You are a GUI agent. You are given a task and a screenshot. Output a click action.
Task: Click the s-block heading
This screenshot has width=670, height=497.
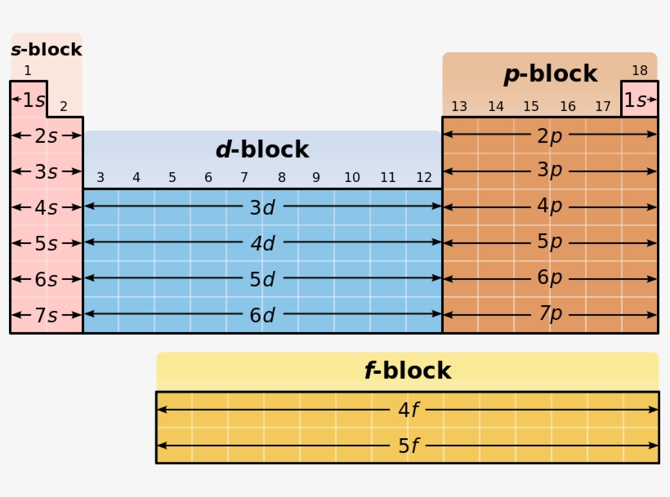47,50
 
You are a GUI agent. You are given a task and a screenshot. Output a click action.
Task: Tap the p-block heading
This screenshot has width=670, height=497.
550,74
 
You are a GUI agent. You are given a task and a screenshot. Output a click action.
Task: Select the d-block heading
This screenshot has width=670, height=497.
261,150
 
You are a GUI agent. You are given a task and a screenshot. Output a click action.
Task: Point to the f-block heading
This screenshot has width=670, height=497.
407,371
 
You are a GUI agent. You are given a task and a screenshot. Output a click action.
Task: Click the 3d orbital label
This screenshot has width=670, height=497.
261,207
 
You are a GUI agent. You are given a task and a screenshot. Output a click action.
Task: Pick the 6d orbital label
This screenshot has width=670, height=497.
261,315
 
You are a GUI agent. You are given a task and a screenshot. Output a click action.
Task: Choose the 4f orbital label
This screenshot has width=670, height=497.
408,410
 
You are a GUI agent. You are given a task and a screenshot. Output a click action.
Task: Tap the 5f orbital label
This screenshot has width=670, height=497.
408,446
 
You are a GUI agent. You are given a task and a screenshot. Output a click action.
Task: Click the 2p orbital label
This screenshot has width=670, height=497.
549,135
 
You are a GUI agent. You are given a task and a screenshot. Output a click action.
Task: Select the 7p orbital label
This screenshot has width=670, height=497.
549,314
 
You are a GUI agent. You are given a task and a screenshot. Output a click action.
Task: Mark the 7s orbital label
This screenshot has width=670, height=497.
46,315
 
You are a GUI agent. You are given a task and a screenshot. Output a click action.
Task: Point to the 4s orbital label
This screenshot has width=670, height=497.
46,207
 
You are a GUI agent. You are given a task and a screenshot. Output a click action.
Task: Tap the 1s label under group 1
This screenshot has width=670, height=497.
33,100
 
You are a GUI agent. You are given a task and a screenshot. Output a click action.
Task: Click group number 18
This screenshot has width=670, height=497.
639,71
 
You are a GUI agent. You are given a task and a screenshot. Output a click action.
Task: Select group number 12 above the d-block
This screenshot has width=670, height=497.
423,178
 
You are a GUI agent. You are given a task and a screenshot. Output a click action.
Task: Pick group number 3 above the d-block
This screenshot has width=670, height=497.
100,178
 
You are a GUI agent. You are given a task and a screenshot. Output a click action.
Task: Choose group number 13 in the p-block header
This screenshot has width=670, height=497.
459,107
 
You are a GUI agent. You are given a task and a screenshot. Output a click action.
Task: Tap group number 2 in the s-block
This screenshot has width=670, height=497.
63,107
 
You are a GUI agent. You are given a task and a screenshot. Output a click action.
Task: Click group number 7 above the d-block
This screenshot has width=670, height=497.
243,178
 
